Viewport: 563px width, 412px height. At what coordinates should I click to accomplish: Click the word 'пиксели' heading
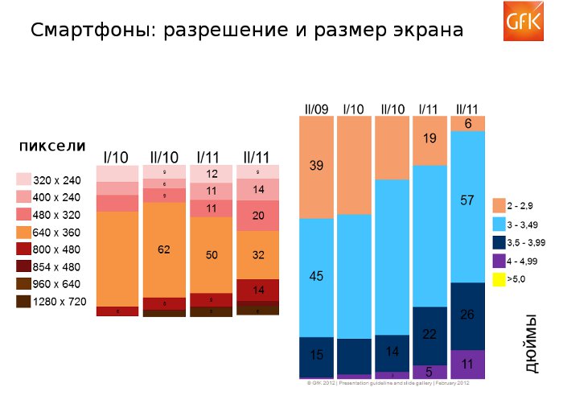(x=52, y=146)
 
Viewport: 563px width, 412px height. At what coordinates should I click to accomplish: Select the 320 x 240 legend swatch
(x=24, y=179)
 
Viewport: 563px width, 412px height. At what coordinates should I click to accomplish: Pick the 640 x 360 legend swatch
(x=24, y=232)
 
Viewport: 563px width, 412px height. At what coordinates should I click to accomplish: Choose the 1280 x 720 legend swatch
(x=24, y=302)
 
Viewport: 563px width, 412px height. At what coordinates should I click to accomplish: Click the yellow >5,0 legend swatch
(x=499, y=279)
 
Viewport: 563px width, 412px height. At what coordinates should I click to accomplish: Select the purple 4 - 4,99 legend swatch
(x=499, y=261)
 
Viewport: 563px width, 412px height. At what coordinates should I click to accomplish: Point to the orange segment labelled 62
(x=164, y=250)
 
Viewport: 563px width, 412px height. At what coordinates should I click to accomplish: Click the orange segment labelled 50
(x=211, y=255)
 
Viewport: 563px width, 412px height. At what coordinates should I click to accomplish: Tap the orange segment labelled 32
(x=257, y=255)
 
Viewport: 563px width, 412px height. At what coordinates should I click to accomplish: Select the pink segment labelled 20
(x=257, y=216)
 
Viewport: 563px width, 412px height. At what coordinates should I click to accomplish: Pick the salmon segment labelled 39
(x=316, y=167)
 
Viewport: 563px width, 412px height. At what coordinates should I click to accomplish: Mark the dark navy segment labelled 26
(x=467, y=315)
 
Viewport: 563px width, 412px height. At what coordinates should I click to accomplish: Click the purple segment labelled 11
(x=467, y=364)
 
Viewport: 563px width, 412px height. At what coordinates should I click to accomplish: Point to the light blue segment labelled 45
(x=316, y=277)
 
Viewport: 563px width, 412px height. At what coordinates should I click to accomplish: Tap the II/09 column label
(x=316, y=109)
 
